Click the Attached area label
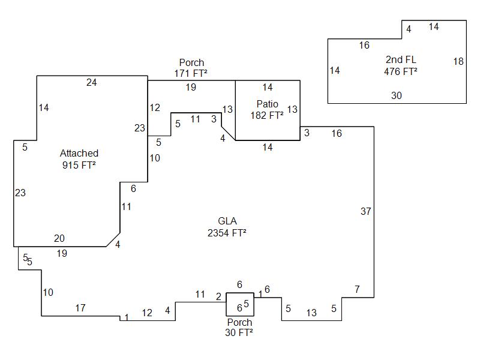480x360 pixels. [79, 154]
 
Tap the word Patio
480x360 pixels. [267, 104]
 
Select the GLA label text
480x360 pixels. [227, 221]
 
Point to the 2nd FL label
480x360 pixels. [401, 59]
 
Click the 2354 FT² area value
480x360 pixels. [227, 233]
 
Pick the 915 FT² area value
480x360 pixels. [79, 166]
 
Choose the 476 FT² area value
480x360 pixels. [401, 71]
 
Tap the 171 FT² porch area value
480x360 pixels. [191, 74]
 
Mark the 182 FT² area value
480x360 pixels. [267, 116]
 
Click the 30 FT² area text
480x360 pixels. [239, 333]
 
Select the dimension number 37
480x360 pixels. [366, 211]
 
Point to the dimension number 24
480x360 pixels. [91, 83]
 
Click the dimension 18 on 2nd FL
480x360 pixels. [458, 61]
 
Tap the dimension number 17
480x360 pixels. [80, 308]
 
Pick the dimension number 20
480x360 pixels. [59, 239]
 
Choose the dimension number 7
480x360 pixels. [357, 290]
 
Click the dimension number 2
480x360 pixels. [218, 296]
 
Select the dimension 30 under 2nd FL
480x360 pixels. [397, 95]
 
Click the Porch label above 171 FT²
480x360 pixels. [191, 62]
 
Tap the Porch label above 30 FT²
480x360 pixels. [239, 322]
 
